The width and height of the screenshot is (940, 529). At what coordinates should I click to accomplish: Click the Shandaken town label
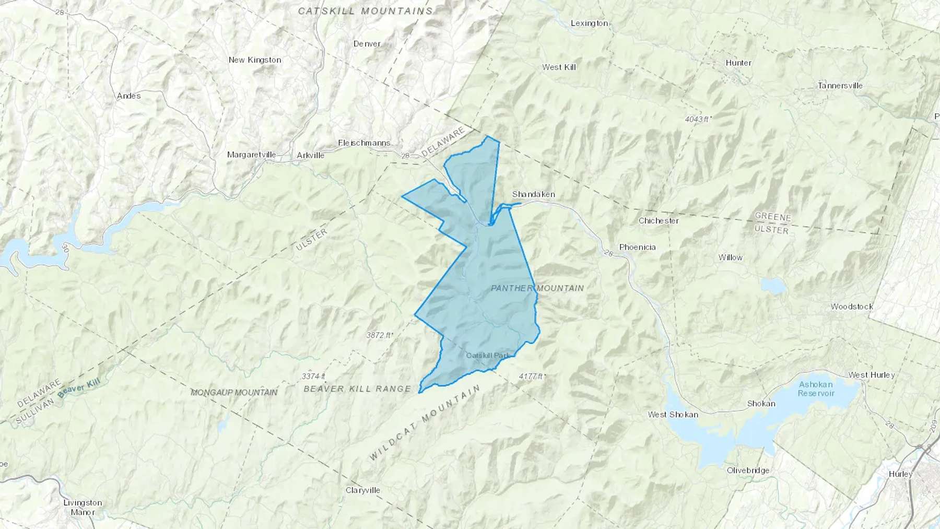coord(533,194)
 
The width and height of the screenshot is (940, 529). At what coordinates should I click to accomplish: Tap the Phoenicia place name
coord(637,247)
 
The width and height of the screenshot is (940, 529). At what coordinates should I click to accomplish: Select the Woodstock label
coord(852,307)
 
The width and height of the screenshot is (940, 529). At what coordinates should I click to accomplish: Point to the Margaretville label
coord(251,155)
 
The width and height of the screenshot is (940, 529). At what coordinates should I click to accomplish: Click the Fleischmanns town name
coord(364,143)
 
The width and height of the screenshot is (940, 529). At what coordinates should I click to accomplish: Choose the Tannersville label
coord(840,86)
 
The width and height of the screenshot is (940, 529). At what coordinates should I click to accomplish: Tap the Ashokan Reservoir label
coord(816,389)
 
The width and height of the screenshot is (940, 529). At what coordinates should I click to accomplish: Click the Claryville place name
coord(363,490)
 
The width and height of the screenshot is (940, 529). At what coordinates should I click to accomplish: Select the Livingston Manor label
coord(83,507)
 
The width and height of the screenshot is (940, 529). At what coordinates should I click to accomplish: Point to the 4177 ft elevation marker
coord(532,376)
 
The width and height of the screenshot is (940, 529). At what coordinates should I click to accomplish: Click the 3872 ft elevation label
coord(380,335)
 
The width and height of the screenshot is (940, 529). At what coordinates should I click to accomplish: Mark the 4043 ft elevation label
coord(698,119)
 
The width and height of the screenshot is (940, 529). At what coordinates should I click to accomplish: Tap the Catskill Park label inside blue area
coord(487,356)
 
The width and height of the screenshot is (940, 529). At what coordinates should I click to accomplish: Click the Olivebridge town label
coord(748,471)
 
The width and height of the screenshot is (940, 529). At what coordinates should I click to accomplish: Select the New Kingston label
coord(255,60)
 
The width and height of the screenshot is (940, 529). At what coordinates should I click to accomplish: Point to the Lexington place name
coord(589,23)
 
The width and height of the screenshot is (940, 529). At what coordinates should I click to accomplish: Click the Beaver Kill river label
coord(79,389)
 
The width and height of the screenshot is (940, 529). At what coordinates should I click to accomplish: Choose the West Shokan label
coord(673,415)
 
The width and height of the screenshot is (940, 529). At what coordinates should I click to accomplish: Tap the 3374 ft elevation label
coord(313,376)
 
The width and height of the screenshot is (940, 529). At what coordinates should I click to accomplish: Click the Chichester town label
coord(659,221)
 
